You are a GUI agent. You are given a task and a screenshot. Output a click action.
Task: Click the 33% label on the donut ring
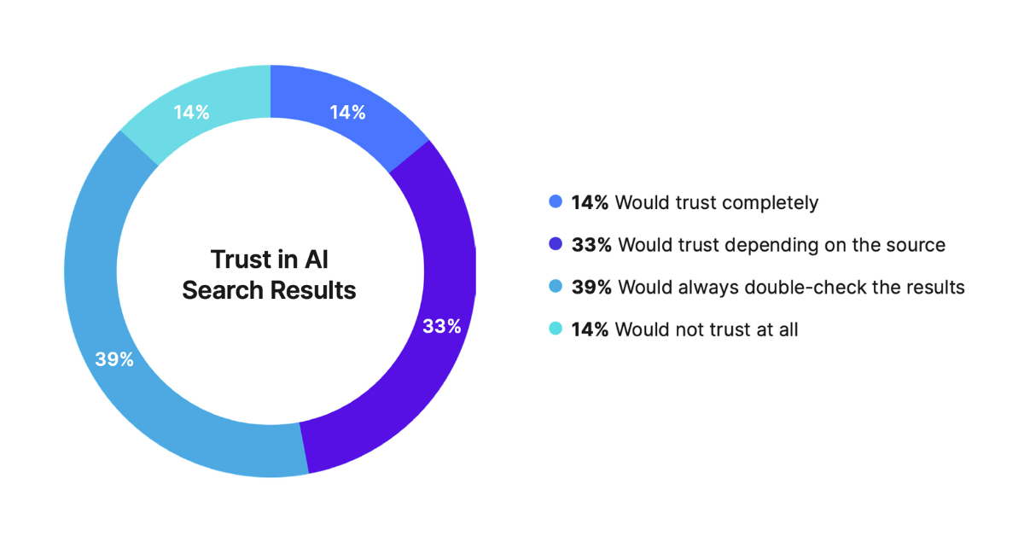coord(442,325)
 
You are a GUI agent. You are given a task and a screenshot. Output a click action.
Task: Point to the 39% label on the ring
coord(114,359)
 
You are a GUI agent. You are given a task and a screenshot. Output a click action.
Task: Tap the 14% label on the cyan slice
coord(191,112)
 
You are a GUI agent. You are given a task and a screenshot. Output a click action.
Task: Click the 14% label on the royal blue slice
coord(347,112)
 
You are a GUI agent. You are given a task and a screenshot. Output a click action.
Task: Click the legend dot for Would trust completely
coord(556,203)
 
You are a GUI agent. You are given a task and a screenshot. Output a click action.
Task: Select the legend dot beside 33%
coord(556,245)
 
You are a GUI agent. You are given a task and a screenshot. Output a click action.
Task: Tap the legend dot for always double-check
coord(556,287)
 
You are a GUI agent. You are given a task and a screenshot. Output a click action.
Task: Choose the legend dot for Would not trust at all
coord(556,329)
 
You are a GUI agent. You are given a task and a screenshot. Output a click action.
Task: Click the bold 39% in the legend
coord(591,287)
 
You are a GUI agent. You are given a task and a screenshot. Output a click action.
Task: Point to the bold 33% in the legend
coord(591,245)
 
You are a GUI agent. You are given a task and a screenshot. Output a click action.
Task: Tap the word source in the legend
coord(917,245)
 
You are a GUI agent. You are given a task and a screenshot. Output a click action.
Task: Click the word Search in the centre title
coord(223,290)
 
